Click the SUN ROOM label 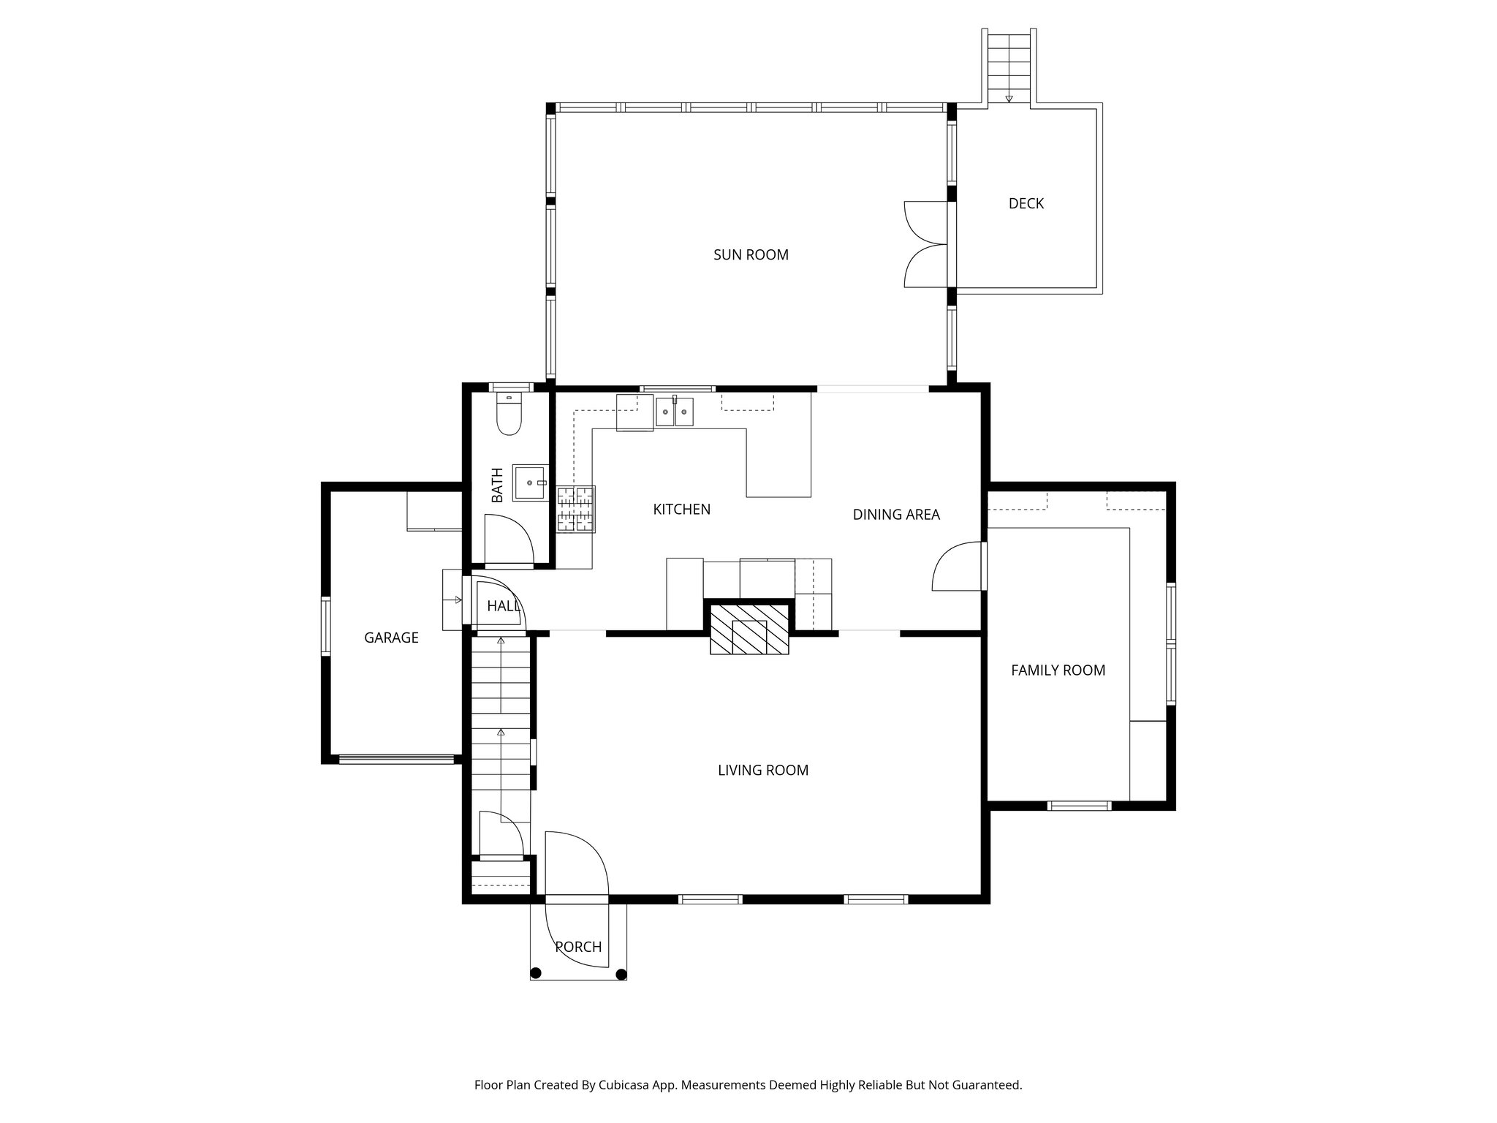point(751,255)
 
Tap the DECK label point(1026,204)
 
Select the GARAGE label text point(391,638)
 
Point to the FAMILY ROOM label point(1058,670)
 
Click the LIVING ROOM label point(763,771)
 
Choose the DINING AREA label point(896,515)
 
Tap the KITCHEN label point(681,510)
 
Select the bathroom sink point(530,483)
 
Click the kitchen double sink point(674,412)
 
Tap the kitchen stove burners point(576,509)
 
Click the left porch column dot point(536,973)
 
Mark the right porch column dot point(621,973)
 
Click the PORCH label point(578,948)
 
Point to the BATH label point(498,485)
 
